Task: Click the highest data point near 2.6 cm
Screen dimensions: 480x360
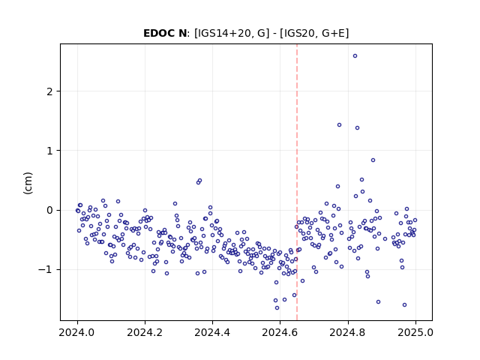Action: (355, 56)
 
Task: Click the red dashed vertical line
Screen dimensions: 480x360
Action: (297, 182)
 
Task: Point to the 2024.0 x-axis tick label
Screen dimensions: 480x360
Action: (77, 332)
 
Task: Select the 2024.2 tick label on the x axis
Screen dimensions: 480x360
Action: (145, 332)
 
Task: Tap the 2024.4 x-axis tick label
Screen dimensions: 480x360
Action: (212, 332)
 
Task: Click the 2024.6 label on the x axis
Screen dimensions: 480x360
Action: (280, 332)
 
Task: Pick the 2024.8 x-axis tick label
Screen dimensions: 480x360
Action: (348, 332)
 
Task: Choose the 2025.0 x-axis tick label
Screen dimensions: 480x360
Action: (415, 332)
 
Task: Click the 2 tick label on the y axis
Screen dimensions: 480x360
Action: (49, 91)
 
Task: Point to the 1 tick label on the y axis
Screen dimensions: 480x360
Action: (49, 151)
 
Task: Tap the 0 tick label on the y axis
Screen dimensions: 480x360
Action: (49, 210)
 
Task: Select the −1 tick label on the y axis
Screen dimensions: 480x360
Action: (46, 270)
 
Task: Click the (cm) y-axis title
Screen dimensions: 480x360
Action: (28, 183)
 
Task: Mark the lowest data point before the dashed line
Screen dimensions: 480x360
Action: (277, 308)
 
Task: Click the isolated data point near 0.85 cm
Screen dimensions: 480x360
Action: (373, 160)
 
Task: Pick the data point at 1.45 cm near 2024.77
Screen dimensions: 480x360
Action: (340, 125)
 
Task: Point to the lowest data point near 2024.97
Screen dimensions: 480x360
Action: (404, 305)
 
